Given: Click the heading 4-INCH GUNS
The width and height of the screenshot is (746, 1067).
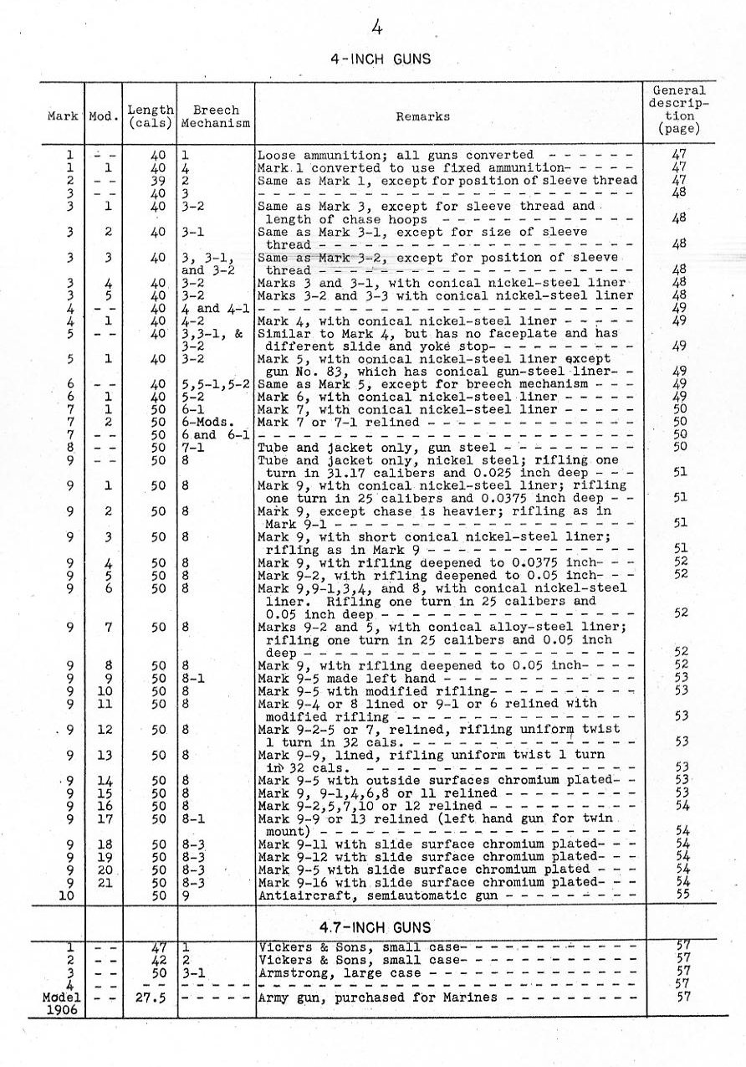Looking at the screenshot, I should tap(381, 59).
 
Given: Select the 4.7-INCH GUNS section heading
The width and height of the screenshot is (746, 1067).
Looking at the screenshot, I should tap(376, 927).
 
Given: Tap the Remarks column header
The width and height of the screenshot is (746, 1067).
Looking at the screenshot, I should tap(423, 117).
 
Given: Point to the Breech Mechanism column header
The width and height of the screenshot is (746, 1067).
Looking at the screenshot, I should tap(216, 116).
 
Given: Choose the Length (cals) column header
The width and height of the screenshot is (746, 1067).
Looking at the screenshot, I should tap(151, 116).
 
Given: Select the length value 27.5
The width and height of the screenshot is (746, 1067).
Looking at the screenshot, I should tap(151, 998).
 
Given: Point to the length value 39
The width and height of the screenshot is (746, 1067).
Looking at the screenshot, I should tap(158, 180).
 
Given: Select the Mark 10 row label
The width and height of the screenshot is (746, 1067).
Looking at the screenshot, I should tap(69, 895).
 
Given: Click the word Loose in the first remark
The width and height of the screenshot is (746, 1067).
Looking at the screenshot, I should tap(275, 155).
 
